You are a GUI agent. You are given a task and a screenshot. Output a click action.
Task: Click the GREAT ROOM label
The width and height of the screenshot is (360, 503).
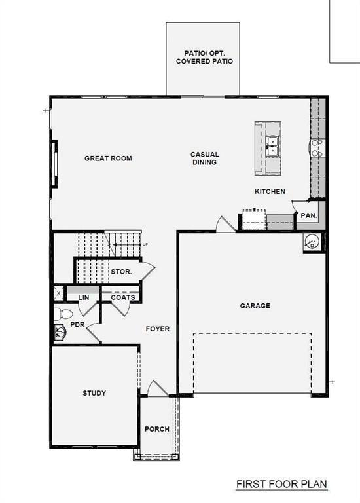tap(108, 158)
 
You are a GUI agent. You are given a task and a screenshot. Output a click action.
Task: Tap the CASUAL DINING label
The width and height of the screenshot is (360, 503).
tap(204, 158)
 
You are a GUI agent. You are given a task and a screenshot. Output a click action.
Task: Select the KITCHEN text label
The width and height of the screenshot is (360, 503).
tap(270, 191)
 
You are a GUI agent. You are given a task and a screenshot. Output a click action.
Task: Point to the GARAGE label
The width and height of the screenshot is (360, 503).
tap(255, 306)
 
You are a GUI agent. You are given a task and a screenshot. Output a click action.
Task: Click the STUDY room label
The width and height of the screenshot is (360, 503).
tap(94, 393)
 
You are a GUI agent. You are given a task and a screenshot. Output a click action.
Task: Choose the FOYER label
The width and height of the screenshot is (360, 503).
tap(157, 329)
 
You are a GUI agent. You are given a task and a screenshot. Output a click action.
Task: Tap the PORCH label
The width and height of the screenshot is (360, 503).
tap(156, 429)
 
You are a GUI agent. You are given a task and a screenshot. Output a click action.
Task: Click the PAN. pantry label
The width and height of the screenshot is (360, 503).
tap(308, 215)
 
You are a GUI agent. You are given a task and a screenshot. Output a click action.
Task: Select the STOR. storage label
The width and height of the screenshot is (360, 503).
tap(121, 271)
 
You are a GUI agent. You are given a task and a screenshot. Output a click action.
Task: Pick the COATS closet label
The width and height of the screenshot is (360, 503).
tap(122, 297)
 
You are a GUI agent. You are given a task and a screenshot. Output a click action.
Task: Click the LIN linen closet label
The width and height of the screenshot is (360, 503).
tap(83, 297)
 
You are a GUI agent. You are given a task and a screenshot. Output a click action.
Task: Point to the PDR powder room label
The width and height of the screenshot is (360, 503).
tap(77, 325)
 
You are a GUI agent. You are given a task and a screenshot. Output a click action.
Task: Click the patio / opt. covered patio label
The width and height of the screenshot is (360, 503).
tap(204, 56)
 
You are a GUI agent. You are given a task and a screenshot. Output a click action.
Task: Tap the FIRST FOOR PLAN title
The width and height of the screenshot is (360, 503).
tap(281, 485)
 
